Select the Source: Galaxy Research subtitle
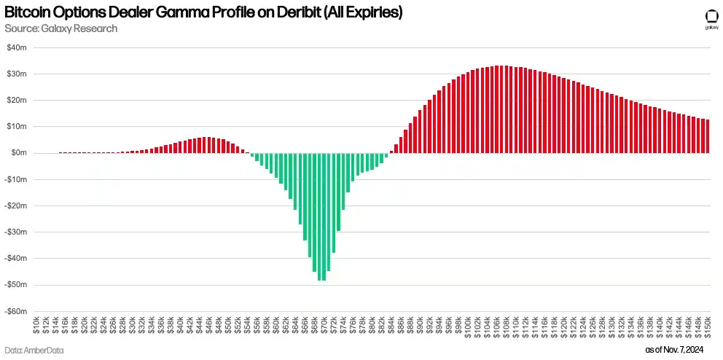click(60, 28)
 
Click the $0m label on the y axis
click(19, 153)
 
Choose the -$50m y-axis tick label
click(16, 285)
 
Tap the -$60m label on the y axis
click(16, 311)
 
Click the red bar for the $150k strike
click(708, 136)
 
